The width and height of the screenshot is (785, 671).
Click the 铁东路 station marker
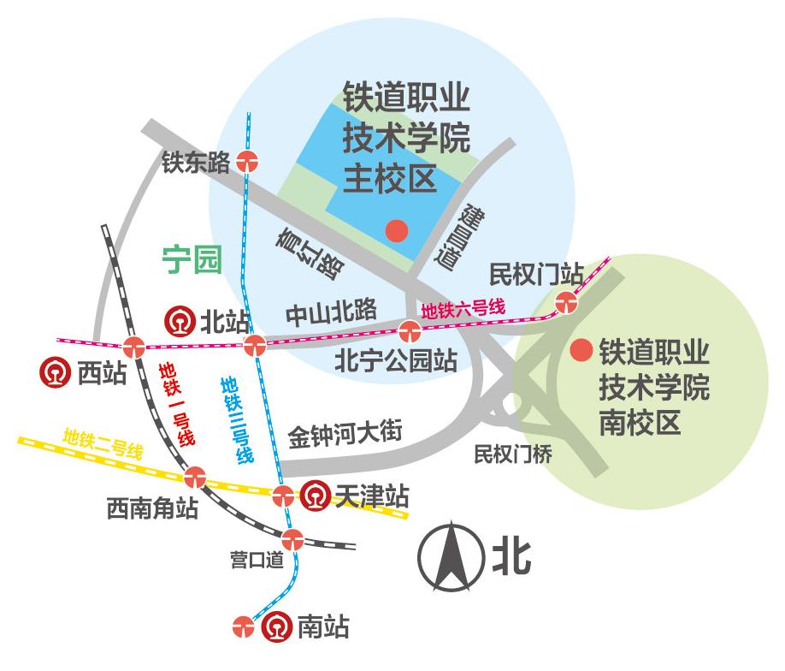tap(249, 160)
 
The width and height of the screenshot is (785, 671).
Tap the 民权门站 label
tap(535, 274)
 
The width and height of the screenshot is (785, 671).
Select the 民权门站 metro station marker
tap(566, 301)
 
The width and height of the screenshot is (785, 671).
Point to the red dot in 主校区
tap(396, 230)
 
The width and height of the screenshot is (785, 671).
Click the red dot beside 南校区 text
tap(581, 350)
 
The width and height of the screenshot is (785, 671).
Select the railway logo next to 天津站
tap(315, 496)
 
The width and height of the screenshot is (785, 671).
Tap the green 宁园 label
tap(192, 259)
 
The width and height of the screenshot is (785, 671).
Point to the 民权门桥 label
tap(513, 454)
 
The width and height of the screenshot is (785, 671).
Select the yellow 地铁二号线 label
tap(102, 444)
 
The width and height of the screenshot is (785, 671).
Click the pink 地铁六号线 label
tap(465, 308)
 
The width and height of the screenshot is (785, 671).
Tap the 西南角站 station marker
tap(195, 474)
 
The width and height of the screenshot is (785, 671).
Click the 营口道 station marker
tap(292, 539)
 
